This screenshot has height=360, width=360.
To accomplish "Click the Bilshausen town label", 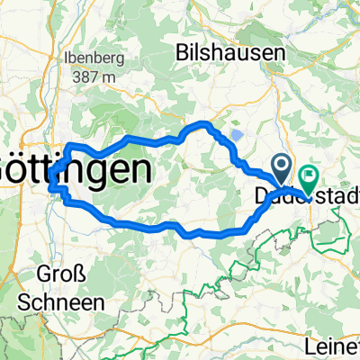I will (x=237, y=50).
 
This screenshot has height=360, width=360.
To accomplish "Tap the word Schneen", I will (x=57, y=301).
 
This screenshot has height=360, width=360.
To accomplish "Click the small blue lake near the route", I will (x=236, y=136).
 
